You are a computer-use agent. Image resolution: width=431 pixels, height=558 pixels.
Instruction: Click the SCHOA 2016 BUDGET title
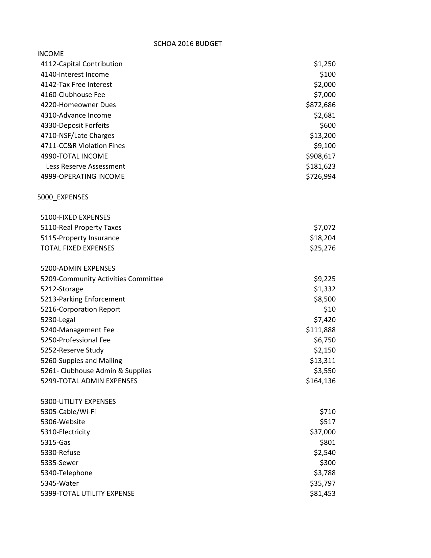tap(188, 44)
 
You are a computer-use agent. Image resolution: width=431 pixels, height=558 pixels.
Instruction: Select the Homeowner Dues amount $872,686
tap(320, 105)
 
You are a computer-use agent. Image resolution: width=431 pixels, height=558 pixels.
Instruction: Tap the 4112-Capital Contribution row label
tap(81, 64)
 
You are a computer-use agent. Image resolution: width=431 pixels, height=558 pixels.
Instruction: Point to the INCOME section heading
tap(50, 54)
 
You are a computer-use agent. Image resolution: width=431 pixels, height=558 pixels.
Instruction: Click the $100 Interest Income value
tap(328, 74)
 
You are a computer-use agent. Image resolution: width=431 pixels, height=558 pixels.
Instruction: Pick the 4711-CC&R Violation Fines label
tap(82, 146)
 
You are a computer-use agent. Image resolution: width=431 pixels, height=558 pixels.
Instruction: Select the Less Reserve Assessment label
tap(86, 166)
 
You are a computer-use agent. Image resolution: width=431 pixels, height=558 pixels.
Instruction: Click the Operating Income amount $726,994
tap(320, 176)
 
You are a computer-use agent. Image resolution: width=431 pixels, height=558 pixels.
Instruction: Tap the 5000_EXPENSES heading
tap(63, 197)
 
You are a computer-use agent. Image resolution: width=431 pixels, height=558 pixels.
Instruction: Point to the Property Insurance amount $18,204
tap(322, 238)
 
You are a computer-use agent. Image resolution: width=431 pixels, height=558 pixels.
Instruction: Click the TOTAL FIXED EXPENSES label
tap(77, 248)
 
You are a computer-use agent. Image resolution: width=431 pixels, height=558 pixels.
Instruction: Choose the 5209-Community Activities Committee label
tap(102, 279)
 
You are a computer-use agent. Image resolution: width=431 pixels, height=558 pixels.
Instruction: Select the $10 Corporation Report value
tap(330, 309)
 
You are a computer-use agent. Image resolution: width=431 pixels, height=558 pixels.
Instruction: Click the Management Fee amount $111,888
tap(320, 330)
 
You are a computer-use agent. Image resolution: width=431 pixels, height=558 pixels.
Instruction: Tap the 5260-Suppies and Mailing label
tap(81, 361)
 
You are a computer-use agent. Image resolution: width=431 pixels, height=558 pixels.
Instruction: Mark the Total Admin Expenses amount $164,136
tap(320, 381)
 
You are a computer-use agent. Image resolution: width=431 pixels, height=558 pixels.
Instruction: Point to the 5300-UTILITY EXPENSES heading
tap(78, 402)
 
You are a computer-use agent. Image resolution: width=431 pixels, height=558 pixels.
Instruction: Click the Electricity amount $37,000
tap(322, 432)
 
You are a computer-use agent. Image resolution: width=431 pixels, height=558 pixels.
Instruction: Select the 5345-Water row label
tap(59, 483)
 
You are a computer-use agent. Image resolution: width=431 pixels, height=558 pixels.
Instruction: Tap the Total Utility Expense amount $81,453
tap(322, 493)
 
